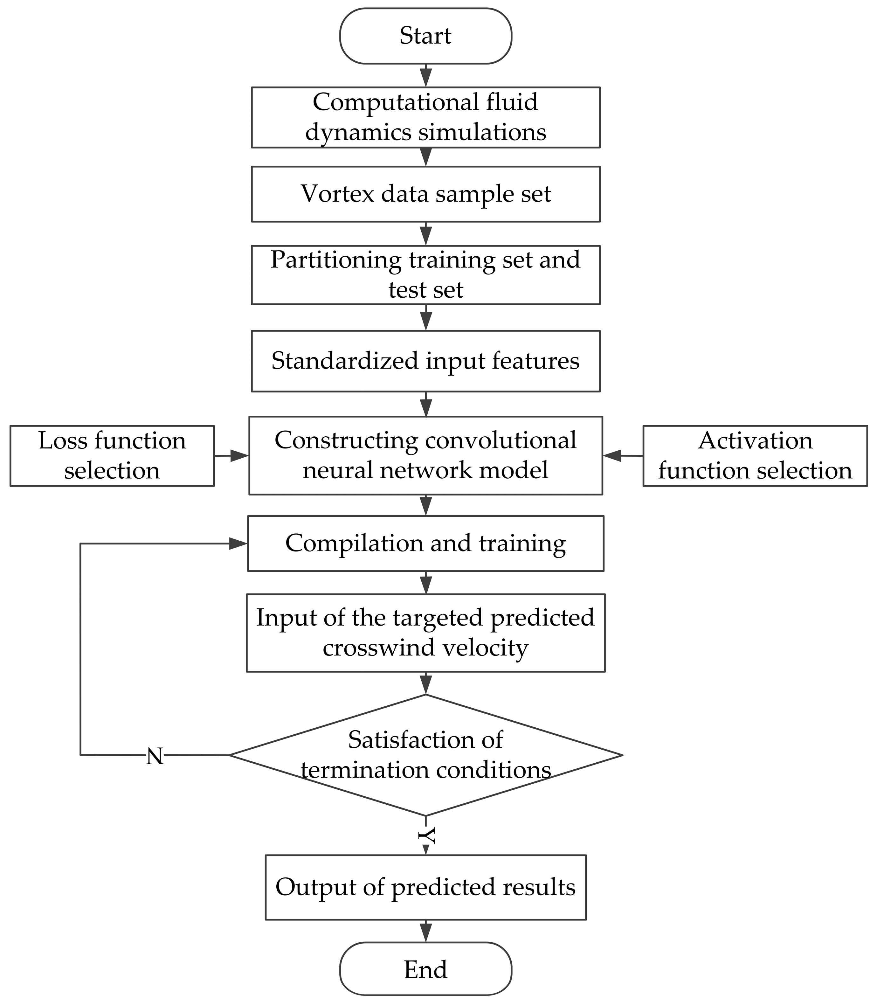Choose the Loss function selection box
tap(112, 456)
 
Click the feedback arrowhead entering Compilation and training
tap(238, 544)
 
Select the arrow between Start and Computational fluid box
tap(426, 76)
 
